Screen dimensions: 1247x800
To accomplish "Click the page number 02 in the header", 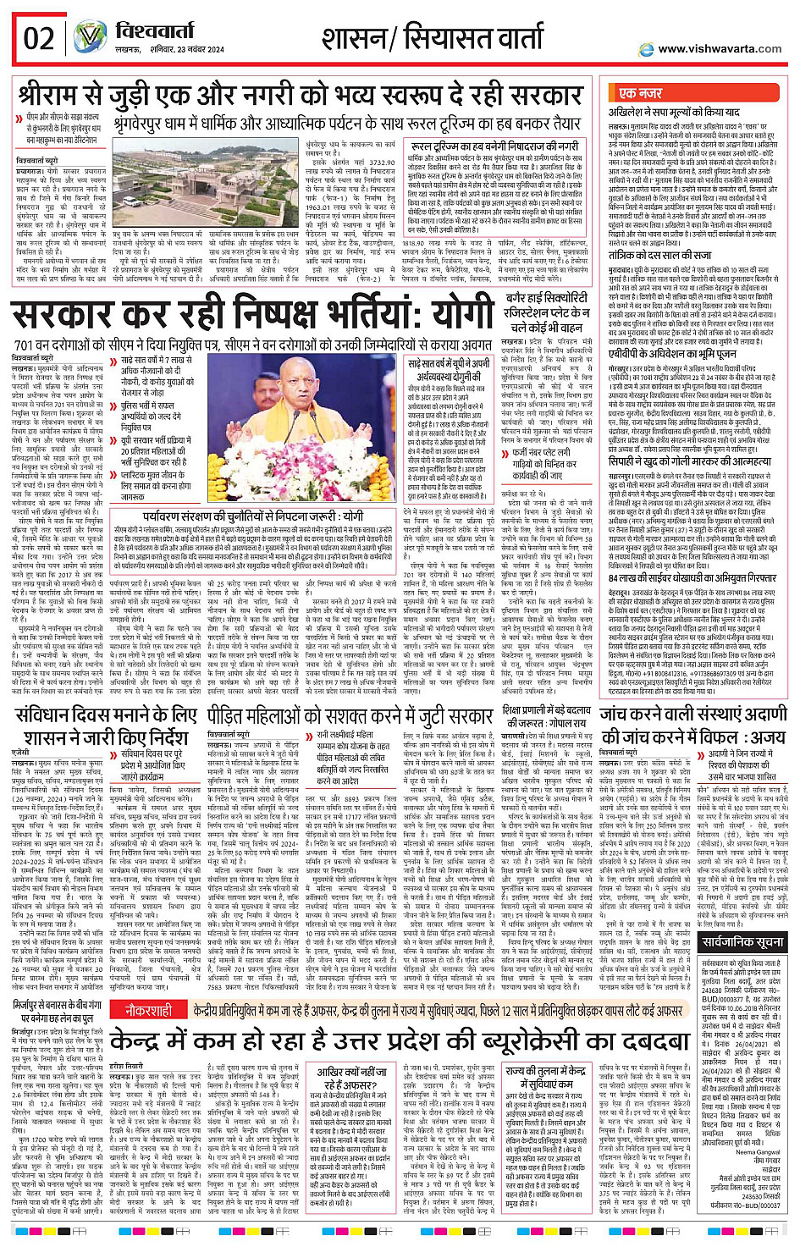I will point(39,39).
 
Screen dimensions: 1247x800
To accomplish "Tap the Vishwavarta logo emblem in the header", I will point(89,38).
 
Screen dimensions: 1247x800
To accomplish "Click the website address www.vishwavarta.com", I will point(719,49).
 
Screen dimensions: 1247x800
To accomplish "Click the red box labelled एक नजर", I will point(641,93).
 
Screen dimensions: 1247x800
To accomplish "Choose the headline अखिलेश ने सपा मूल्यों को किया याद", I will point(674,112).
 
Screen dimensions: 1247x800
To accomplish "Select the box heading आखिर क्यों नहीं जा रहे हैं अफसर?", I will point(352,1078).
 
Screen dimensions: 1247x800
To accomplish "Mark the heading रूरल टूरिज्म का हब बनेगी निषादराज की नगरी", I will point(494,146).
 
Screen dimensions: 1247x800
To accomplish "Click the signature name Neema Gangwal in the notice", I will point(758,1151).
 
